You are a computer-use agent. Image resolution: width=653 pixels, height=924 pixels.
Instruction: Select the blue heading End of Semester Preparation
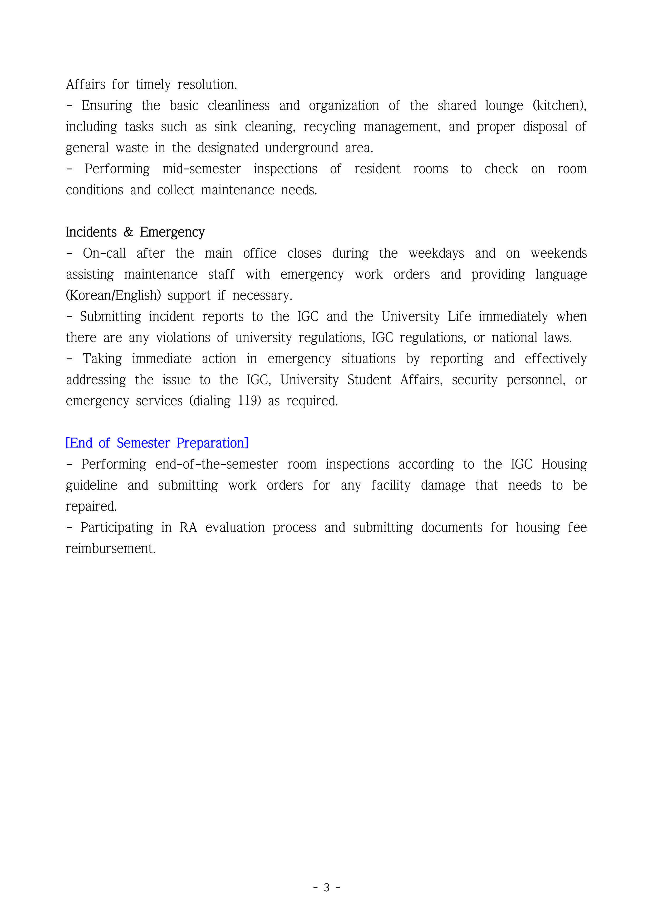tap(157, 443)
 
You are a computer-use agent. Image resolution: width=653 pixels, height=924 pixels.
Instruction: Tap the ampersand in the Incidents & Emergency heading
tap(128, 232)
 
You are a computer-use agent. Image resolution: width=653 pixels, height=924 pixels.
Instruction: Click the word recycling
tap(329, 127)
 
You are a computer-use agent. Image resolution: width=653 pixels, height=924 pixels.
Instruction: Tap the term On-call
tap(104, 253)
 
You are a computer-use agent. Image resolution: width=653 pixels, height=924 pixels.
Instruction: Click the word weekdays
tap(436, 253)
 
